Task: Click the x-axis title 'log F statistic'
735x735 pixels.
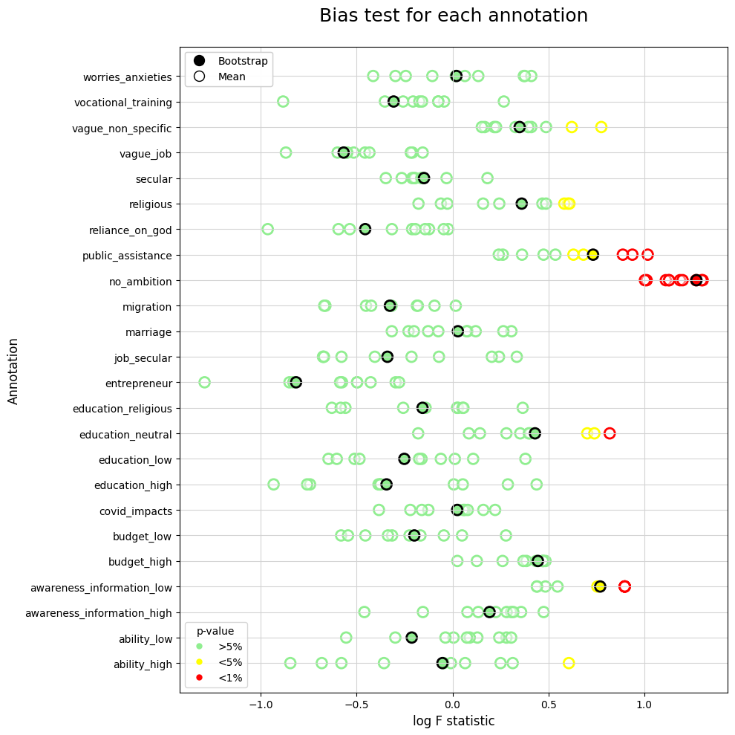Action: (x=453, y=720)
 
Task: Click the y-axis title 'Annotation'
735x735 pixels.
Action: (x=13, y=369)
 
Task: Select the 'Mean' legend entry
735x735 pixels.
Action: (x=231, y=76)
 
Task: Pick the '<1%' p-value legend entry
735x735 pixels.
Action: (x=229, y=677)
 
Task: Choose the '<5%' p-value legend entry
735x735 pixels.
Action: (x=229, y=661)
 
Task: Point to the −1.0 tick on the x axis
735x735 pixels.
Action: (x=260, y=704)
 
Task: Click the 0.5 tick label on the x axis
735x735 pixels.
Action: (x=549, y=704)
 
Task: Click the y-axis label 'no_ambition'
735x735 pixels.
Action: (x=140, y=281)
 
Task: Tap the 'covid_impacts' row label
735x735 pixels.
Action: (x=136, y=511)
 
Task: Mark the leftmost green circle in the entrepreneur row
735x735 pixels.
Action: (x=204, y=382)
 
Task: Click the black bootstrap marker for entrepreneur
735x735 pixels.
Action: (x=295, y=382)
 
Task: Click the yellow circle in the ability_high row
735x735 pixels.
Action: (x=569, y=663)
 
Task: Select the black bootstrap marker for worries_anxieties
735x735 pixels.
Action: (x=457, y=76)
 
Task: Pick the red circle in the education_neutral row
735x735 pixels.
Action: (x=610, y=433)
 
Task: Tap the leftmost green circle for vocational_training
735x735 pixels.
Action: (x=283, y=101)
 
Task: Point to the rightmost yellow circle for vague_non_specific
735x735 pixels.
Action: (x=601, y=127)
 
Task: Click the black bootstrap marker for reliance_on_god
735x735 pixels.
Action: (x=365, y=229)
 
